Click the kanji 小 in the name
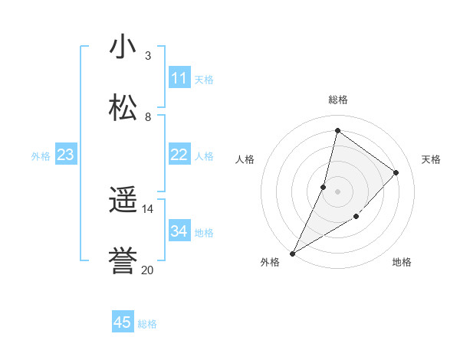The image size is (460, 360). coord(123,47)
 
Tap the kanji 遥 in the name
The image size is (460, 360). coord(123,201)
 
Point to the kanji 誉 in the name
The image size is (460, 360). coord(123,261)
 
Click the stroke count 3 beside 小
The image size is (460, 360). coord(148,56)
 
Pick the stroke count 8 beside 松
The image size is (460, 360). coord(148,116)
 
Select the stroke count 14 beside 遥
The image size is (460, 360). coord(148,209)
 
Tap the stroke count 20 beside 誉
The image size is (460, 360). coord(148,270)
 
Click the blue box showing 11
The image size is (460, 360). coord(179,78)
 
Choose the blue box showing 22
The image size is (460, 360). coord(179,155)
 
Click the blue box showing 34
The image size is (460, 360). coord(179,231)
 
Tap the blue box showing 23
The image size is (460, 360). coord(66,155)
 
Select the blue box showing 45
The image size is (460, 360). coord(123,322)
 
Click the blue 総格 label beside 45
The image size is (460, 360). coord(148,324)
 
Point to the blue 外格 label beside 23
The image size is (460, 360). coord(41,156)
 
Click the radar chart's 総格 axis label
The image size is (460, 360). coord(338,100)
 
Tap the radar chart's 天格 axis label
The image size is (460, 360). coord(431,159)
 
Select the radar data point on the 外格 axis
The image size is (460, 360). coord(292,253)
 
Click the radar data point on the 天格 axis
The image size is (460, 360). coord(396,172)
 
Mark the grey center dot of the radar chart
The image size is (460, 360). coord(337,191)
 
